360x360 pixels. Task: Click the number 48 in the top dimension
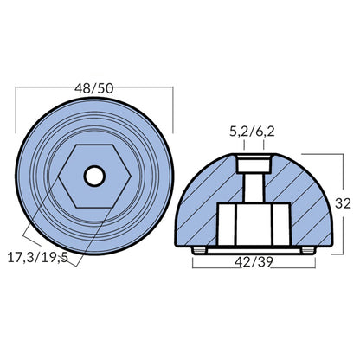click(85, 89)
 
